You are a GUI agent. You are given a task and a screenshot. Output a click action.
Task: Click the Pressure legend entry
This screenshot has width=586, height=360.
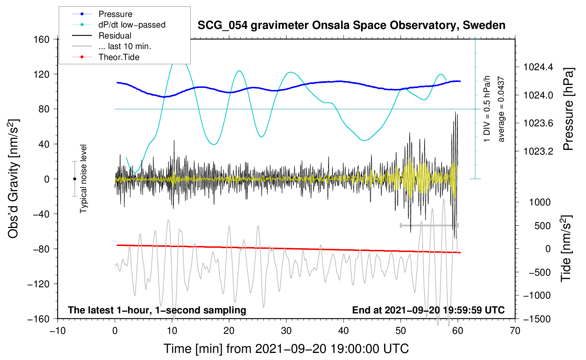(x=115, y=14)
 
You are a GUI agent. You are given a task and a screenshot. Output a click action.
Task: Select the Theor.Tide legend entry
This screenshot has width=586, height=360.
(x=119, y=57)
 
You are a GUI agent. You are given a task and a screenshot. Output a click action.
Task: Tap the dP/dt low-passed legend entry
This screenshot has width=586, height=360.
(x=132, y=25)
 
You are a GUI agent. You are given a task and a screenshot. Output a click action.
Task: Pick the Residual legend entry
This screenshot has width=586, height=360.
(x=115, y=36)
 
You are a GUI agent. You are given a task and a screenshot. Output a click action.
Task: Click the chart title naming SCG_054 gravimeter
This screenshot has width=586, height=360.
(x=351, y=25)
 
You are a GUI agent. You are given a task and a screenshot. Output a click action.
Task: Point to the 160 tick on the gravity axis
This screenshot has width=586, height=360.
(x=42, y=39)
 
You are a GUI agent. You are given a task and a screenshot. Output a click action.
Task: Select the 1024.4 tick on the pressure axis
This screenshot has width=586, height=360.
(x=538, y=67)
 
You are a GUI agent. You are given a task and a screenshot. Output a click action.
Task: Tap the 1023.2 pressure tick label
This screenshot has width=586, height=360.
(x=538, y=151)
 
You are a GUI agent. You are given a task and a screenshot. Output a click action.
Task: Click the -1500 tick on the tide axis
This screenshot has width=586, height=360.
(x=537, y=319)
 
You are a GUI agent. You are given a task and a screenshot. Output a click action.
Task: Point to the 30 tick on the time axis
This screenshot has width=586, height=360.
(x=286, y=331)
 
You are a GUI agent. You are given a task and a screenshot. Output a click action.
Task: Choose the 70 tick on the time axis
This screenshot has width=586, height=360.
(x=515, y=331)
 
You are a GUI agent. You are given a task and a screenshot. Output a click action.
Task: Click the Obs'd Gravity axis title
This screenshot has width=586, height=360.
(x=13, y=179)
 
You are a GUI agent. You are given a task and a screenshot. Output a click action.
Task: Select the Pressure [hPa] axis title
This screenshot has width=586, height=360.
(x=568, y=109)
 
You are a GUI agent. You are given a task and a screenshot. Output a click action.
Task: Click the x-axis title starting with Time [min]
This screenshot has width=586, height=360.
(x=286, y=349)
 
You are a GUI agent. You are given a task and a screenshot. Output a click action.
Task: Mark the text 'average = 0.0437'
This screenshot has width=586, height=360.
(x=501, y=109)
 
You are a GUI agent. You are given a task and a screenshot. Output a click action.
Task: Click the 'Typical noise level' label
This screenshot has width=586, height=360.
(x=83, y=179)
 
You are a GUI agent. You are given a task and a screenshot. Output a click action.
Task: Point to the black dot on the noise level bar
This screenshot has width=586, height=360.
(x=74, y=179)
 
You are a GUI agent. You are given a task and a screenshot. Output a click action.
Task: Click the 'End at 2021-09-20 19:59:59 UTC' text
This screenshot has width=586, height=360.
(x=428, y=310)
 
